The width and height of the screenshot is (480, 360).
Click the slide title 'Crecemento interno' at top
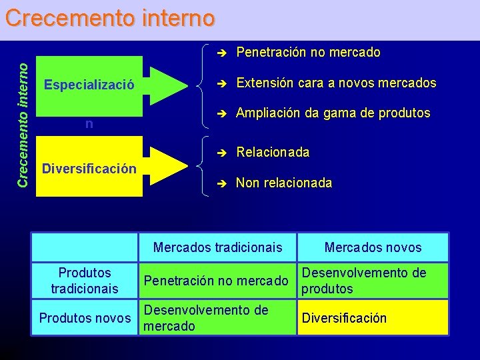(110, 17)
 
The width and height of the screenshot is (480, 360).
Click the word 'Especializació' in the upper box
(89, 85)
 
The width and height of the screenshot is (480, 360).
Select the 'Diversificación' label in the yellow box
(89, 168)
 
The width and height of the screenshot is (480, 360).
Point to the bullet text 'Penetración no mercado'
(308, 52)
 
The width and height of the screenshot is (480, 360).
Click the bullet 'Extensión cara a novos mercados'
(336, 83)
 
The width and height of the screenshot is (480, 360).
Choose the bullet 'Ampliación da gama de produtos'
(333, 113)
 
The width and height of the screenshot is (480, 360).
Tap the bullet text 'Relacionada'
(273, 153)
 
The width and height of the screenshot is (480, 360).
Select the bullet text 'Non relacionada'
(284, 183)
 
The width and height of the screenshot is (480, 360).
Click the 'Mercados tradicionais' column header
(218, 247)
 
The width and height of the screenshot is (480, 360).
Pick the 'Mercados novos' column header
(373, 247)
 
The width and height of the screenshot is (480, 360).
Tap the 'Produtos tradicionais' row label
(85, 281)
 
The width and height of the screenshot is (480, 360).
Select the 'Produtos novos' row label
(85, 318)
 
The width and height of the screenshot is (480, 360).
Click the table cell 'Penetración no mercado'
(216, 281)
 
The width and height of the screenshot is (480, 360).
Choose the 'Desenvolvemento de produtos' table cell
(364, 281)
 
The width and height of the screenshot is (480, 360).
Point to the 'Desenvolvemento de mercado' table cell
(206, 318)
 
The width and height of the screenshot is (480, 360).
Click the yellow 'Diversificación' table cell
(344, 318)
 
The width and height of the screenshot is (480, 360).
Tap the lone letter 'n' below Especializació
(89, 124)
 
